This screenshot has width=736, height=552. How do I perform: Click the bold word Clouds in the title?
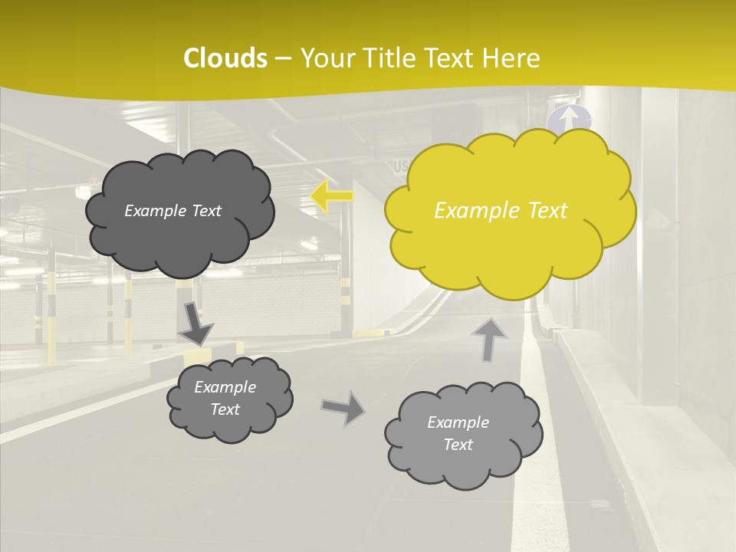[225, 58]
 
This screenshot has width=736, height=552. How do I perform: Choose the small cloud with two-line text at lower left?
[229, 399]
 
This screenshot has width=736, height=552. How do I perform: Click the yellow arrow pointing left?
[332, 195]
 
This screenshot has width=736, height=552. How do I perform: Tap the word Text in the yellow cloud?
[547, 211]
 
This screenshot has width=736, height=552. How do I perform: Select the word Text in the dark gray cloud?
[205, 211]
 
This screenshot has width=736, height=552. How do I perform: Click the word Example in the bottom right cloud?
[458, 422]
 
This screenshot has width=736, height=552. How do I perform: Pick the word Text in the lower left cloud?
[225, 409]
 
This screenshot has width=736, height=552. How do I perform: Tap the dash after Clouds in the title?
[282, 59]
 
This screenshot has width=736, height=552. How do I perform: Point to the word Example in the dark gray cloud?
[156, 211]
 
